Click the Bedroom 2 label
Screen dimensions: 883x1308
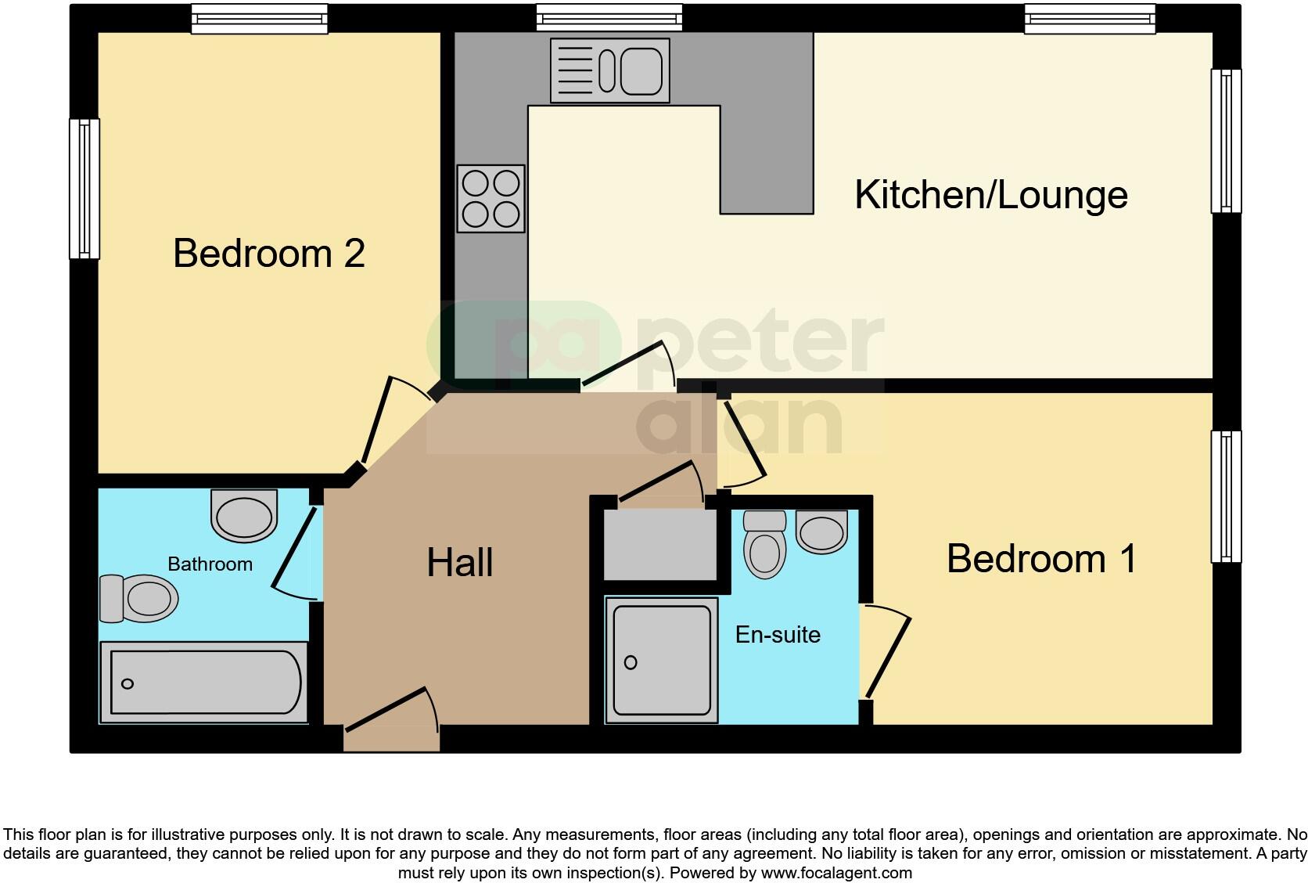[x=268, y=254]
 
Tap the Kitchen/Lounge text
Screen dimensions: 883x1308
[x=990, y=195]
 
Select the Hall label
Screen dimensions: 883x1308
[x=460, y=563]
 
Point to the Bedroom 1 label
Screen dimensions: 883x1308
[x=1041, y=559]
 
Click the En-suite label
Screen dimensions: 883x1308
[x=778, y=634]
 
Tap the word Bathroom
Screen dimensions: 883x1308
[x=210, y=564]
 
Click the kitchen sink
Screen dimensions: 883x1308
[x=610, y=70]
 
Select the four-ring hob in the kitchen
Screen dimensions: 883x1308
[x=490, y=199]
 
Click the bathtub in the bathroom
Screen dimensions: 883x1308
[x=205, y=682]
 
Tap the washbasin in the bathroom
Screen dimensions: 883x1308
[x=244, y=515]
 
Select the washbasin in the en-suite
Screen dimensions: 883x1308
[x=821, y=531]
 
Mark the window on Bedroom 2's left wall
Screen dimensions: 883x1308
[x=84, y=189]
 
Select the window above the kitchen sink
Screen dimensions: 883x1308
[x=609, y=17]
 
